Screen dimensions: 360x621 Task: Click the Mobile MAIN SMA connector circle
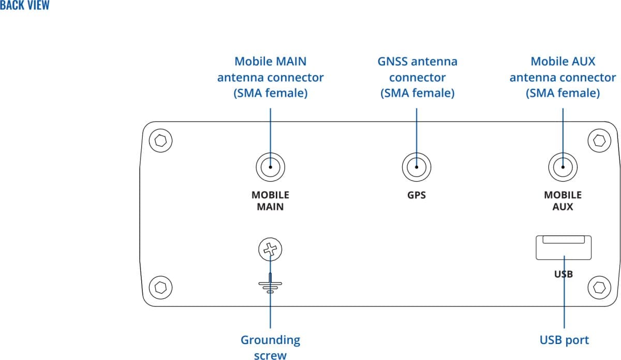coord(270,167)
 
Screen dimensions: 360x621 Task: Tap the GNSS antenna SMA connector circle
coord(417,167)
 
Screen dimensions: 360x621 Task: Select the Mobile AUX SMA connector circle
coord(563,167)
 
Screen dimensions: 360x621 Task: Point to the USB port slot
coord(563,247)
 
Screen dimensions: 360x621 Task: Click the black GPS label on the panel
coord(417,196)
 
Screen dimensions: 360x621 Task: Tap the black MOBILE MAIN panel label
coord(270,201)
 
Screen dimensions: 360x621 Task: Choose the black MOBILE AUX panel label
coord(563,201)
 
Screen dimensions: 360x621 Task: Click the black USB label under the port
coord(563,274)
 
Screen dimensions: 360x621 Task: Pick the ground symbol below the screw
coord(270,285)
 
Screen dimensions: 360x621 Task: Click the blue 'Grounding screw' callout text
coord(270,347)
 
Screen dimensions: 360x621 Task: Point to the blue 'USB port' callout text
coord(564,340)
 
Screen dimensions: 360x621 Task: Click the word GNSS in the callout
coord(395,62)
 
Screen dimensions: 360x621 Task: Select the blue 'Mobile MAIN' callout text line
coord(270,62)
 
